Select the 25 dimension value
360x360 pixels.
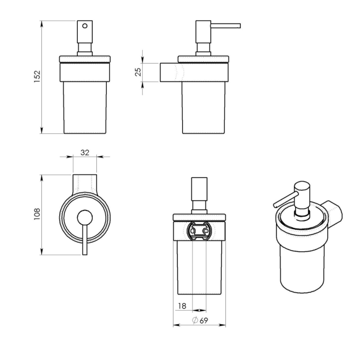pyautogui.click(x=138, y=72)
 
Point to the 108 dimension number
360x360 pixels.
pyautogui.click(x=36, y=214)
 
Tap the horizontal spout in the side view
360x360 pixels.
pyautogui.click(x=225, y=25)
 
